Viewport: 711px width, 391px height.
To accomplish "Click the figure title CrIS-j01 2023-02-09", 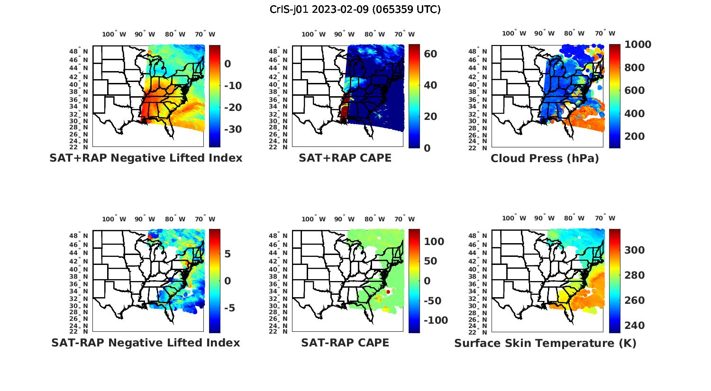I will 355,9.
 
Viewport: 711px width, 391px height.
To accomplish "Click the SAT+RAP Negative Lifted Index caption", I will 146,158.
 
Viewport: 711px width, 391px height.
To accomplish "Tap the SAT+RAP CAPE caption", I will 345,158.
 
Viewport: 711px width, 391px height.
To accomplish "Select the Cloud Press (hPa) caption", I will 545,158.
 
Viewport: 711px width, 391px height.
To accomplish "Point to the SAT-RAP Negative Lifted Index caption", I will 146,343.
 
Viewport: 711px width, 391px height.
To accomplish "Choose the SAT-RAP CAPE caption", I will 345,343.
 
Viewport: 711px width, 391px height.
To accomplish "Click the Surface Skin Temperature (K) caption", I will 545,343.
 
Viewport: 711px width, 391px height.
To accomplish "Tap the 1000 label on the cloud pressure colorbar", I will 638,45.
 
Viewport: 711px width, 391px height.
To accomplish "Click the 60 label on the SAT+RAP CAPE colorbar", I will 430,54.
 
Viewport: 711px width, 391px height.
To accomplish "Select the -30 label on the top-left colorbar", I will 232,129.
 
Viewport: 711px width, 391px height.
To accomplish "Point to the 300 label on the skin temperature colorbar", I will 634,250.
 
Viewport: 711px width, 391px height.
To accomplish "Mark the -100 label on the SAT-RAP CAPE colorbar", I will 435,320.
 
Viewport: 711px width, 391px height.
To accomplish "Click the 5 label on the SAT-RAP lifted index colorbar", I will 228,254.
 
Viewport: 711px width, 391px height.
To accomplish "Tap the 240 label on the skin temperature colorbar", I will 634,326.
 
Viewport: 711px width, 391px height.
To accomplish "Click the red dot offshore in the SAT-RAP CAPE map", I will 388,292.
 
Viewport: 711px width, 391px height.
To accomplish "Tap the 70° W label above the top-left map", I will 205,34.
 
